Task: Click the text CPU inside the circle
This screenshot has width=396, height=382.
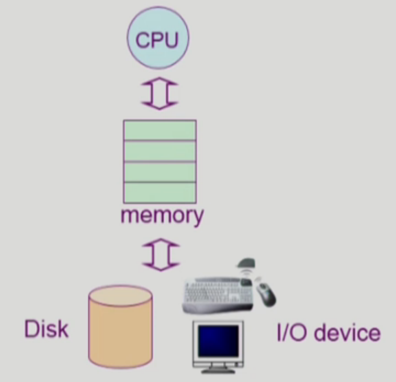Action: (157, 40)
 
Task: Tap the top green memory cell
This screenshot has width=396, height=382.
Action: (159, 130)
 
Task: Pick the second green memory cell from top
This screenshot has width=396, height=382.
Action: (159, 151)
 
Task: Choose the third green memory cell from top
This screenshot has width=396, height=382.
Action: (159, 172)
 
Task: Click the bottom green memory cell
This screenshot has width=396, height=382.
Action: (159, 192)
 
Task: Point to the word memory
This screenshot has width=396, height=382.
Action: (161, 216)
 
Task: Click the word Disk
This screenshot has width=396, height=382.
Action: (46, 329)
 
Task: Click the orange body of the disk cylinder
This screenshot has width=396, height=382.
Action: (121, 336)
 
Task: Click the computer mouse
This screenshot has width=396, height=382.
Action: (266, 293)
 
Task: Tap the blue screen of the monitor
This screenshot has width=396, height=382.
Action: (218, 340)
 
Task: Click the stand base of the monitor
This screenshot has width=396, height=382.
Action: (219, 369)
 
